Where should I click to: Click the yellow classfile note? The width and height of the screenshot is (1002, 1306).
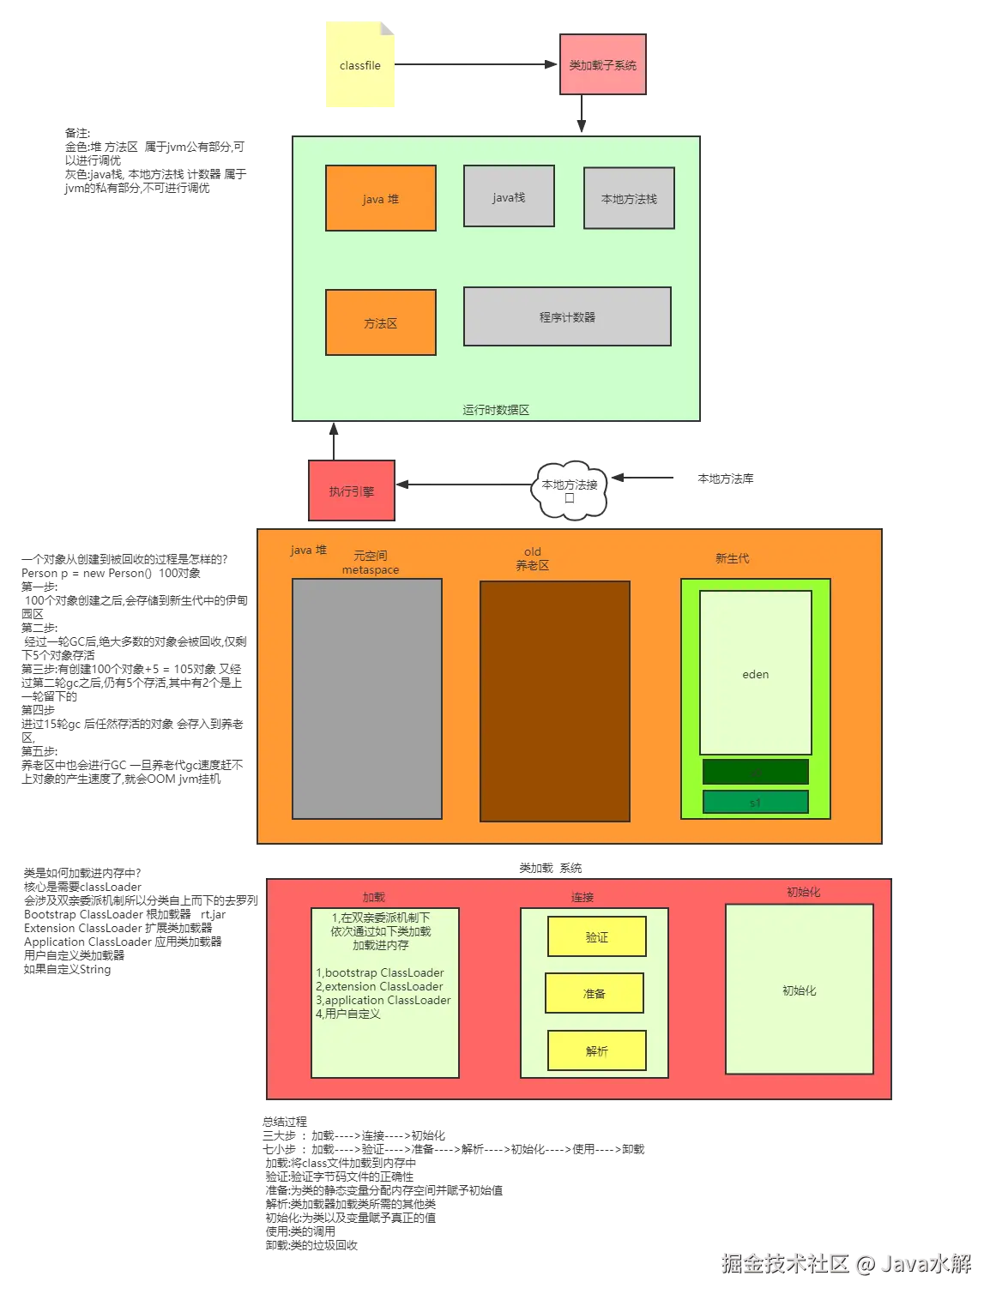pos(359,66)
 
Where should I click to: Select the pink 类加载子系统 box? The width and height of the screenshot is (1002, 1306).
pos(602,65)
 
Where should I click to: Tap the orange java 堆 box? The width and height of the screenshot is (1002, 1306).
pos(380,199)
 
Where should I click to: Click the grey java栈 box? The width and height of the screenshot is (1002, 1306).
pos(509,197)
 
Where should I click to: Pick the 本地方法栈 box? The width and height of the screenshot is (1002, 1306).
pos(629,199)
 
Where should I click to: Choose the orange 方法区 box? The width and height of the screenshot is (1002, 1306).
pos(380,323)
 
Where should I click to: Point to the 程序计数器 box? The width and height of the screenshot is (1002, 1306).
pos(567,317)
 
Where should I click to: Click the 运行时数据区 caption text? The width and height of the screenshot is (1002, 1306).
pos(496,410)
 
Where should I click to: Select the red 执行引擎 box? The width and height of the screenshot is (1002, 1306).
pos(352,491)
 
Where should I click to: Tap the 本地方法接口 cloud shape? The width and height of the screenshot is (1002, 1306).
pos(570,491)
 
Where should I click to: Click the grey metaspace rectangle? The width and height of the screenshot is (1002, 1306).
pos(367,699)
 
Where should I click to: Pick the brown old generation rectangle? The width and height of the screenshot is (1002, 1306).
pos(554,701)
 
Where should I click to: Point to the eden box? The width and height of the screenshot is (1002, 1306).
pos(755,674)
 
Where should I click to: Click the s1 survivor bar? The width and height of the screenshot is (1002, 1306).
pos(755,803)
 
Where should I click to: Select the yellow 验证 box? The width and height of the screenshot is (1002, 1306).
pos(596,937)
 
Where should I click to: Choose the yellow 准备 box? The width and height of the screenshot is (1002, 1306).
pos(595,994)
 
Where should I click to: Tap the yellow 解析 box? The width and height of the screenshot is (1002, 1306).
pos(596,1051)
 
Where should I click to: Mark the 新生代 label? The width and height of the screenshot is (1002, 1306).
pos(732,558)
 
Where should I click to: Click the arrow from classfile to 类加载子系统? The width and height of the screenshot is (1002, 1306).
pos(472,65)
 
